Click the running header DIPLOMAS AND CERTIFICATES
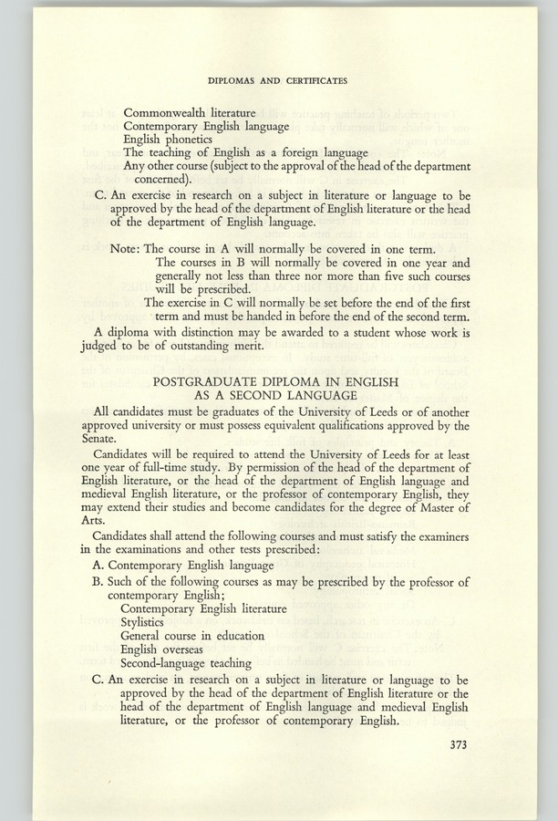(278, 81)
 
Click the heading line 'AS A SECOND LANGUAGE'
(278, 395)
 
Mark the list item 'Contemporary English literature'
(203, 608)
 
